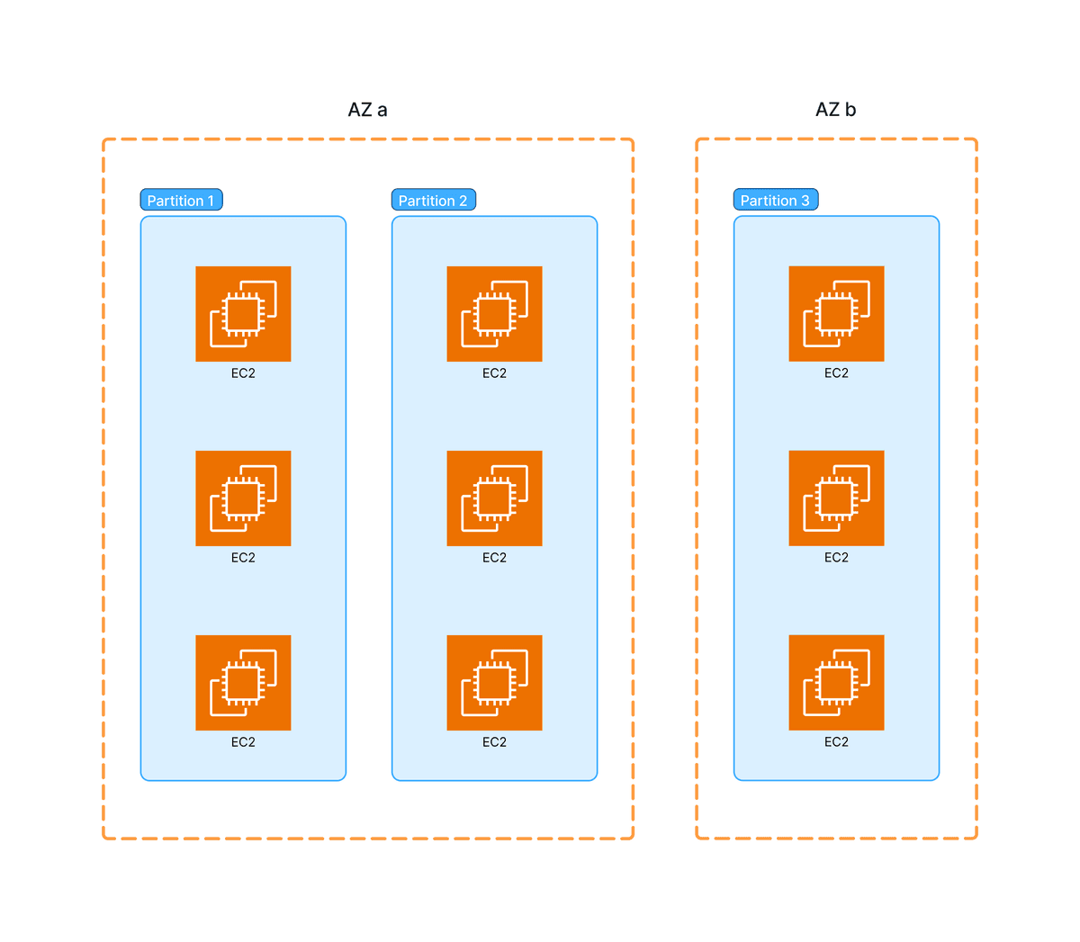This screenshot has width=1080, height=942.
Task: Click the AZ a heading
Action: pos(367,110)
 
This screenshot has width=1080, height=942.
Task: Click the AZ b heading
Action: pos(835,110)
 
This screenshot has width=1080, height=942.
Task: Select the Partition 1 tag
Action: pos(181,200)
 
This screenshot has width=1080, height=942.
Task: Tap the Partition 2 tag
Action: pos(433,200)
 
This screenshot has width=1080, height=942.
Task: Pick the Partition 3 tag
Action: pos(775,200)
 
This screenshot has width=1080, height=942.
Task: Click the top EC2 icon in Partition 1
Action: pos(243,313)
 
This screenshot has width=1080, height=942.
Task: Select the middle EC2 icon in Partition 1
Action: pos(243,498)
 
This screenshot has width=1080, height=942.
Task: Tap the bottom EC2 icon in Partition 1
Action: pos(243,682)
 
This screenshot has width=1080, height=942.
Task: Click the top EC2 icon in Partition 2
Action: pos(494,313)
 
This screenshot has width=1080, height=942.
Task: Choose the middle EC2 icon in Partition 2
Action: pos(494,498)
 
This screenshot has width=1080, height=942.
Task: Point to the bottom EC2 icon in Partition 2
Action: pos(494,682)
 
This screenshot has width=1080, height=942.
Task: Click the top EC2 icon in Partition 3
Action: pos(836,313)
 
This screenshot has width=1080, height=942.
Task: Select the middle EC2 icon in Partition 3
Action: pos(836,498)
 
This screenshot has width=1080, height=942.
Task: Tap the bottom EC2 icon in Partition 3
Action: pos(836,682)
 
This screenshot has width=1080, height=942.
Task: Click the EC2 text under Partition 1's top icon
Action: pos(243,373)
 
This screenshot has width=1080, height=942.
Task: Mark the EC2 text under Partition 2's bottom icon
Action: pos(494,742)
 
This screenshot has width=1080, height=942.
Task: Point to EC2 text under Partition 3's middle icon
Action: pos(836,558)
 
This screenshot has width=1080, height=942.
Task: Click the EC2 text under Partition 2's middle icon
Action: pos(494,558)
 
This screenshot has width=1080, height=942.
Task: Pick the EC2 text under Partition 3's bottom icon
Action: pos(836,742)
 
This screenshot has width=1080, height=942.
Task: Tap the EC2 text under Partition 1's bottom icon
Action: pos(243,742)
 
